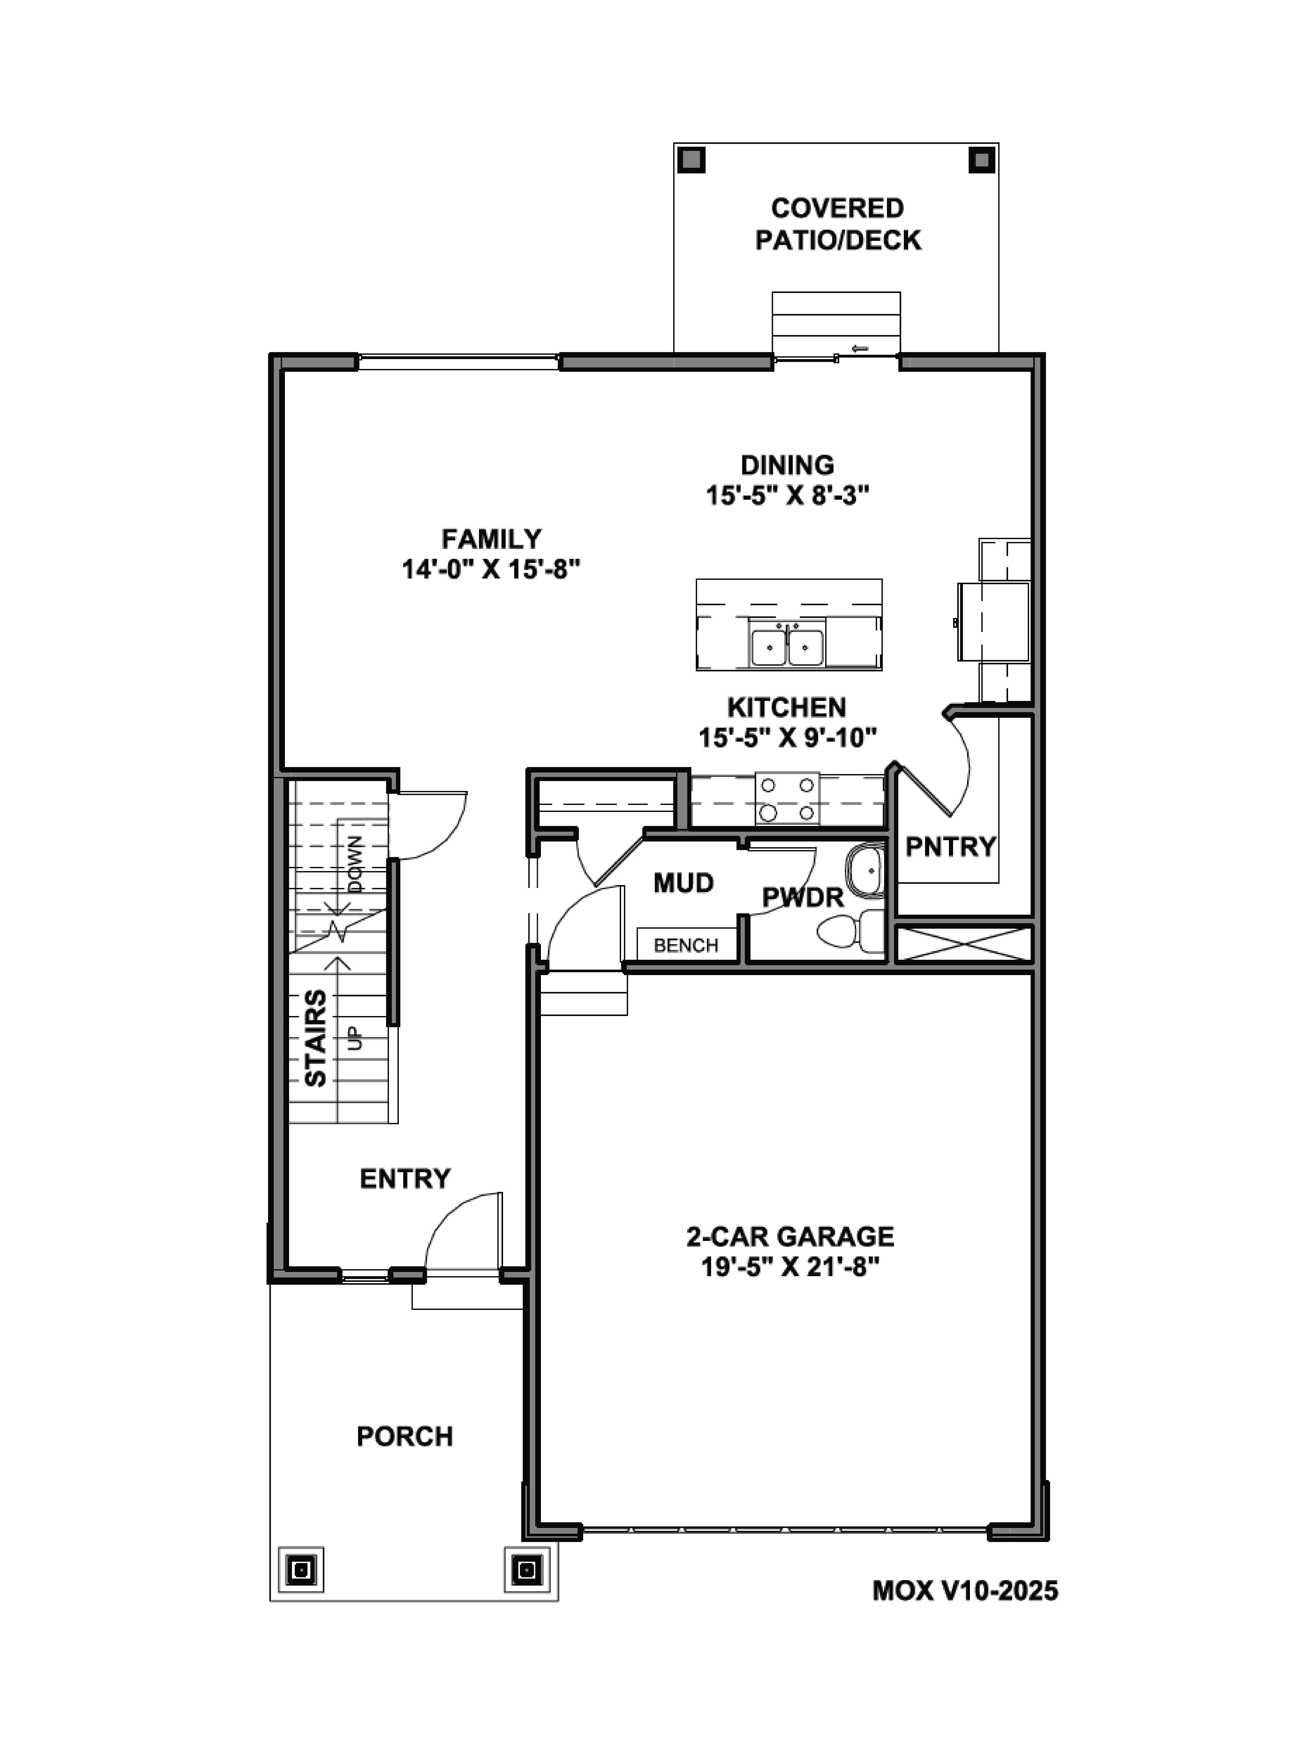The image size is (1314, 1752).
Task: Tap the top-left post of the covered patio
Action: click(691, 160)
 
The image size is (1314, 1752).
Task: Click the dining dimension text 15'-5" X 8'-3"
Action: click(787, 496)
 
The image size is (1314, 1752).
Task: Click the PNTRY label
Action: click(950, 847)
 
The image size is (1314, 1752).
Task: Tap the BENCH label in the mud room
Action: click(686, 945)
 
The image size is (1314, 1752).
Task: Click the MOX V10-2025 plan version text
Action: click(965, 1590)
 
